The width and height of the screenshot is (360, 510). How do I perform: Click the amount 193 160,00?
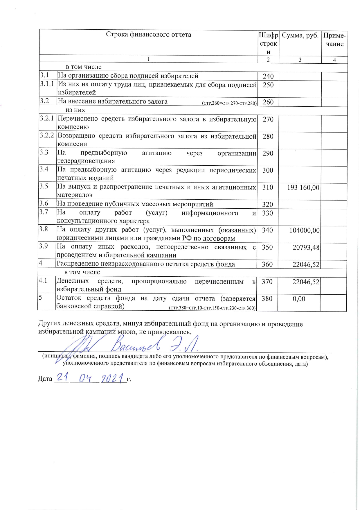click(303, 188)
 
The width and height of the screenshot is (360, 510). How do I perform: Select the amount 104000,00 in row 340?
click(304, 231)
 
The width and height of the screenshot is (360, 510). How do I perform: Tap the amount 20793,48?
click(306, 248)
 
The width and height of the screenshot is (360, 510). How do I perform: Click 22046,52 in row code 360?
click(306, 265)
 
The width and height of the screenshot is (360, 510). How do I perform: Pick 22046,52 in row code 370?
click(306, 282)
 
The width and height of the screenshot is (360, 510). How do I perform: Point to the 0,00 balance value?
click(299, 299)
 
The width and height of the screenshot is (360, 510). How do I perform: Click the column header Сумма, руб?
click(300, 35)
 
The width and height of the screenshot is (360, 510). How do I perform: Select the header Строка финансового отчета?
click(148, 35)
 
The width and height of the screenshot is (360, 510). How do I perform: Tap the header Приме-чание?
click(334, 40)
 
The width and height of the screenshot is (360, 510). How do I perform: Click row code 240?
click(268, 76)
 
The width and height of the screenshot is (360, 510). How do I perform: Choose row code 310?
click(268, 188)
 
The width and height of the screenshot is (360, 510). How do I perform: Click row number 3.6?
click(44, 203)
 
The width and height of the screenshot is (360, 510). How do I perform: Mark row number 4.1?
click(43, 281)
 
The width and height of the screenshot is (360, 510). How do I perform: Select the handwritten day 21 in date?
click(62, 378)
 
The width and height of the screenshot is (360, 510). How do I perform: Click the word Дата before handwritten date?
click(45, 379)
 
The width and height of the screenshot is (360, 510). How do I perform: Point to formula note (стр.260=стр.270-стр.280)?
click(229, 103)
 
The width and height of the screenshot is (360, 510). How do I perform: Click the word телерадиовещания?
click(86, 161)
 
